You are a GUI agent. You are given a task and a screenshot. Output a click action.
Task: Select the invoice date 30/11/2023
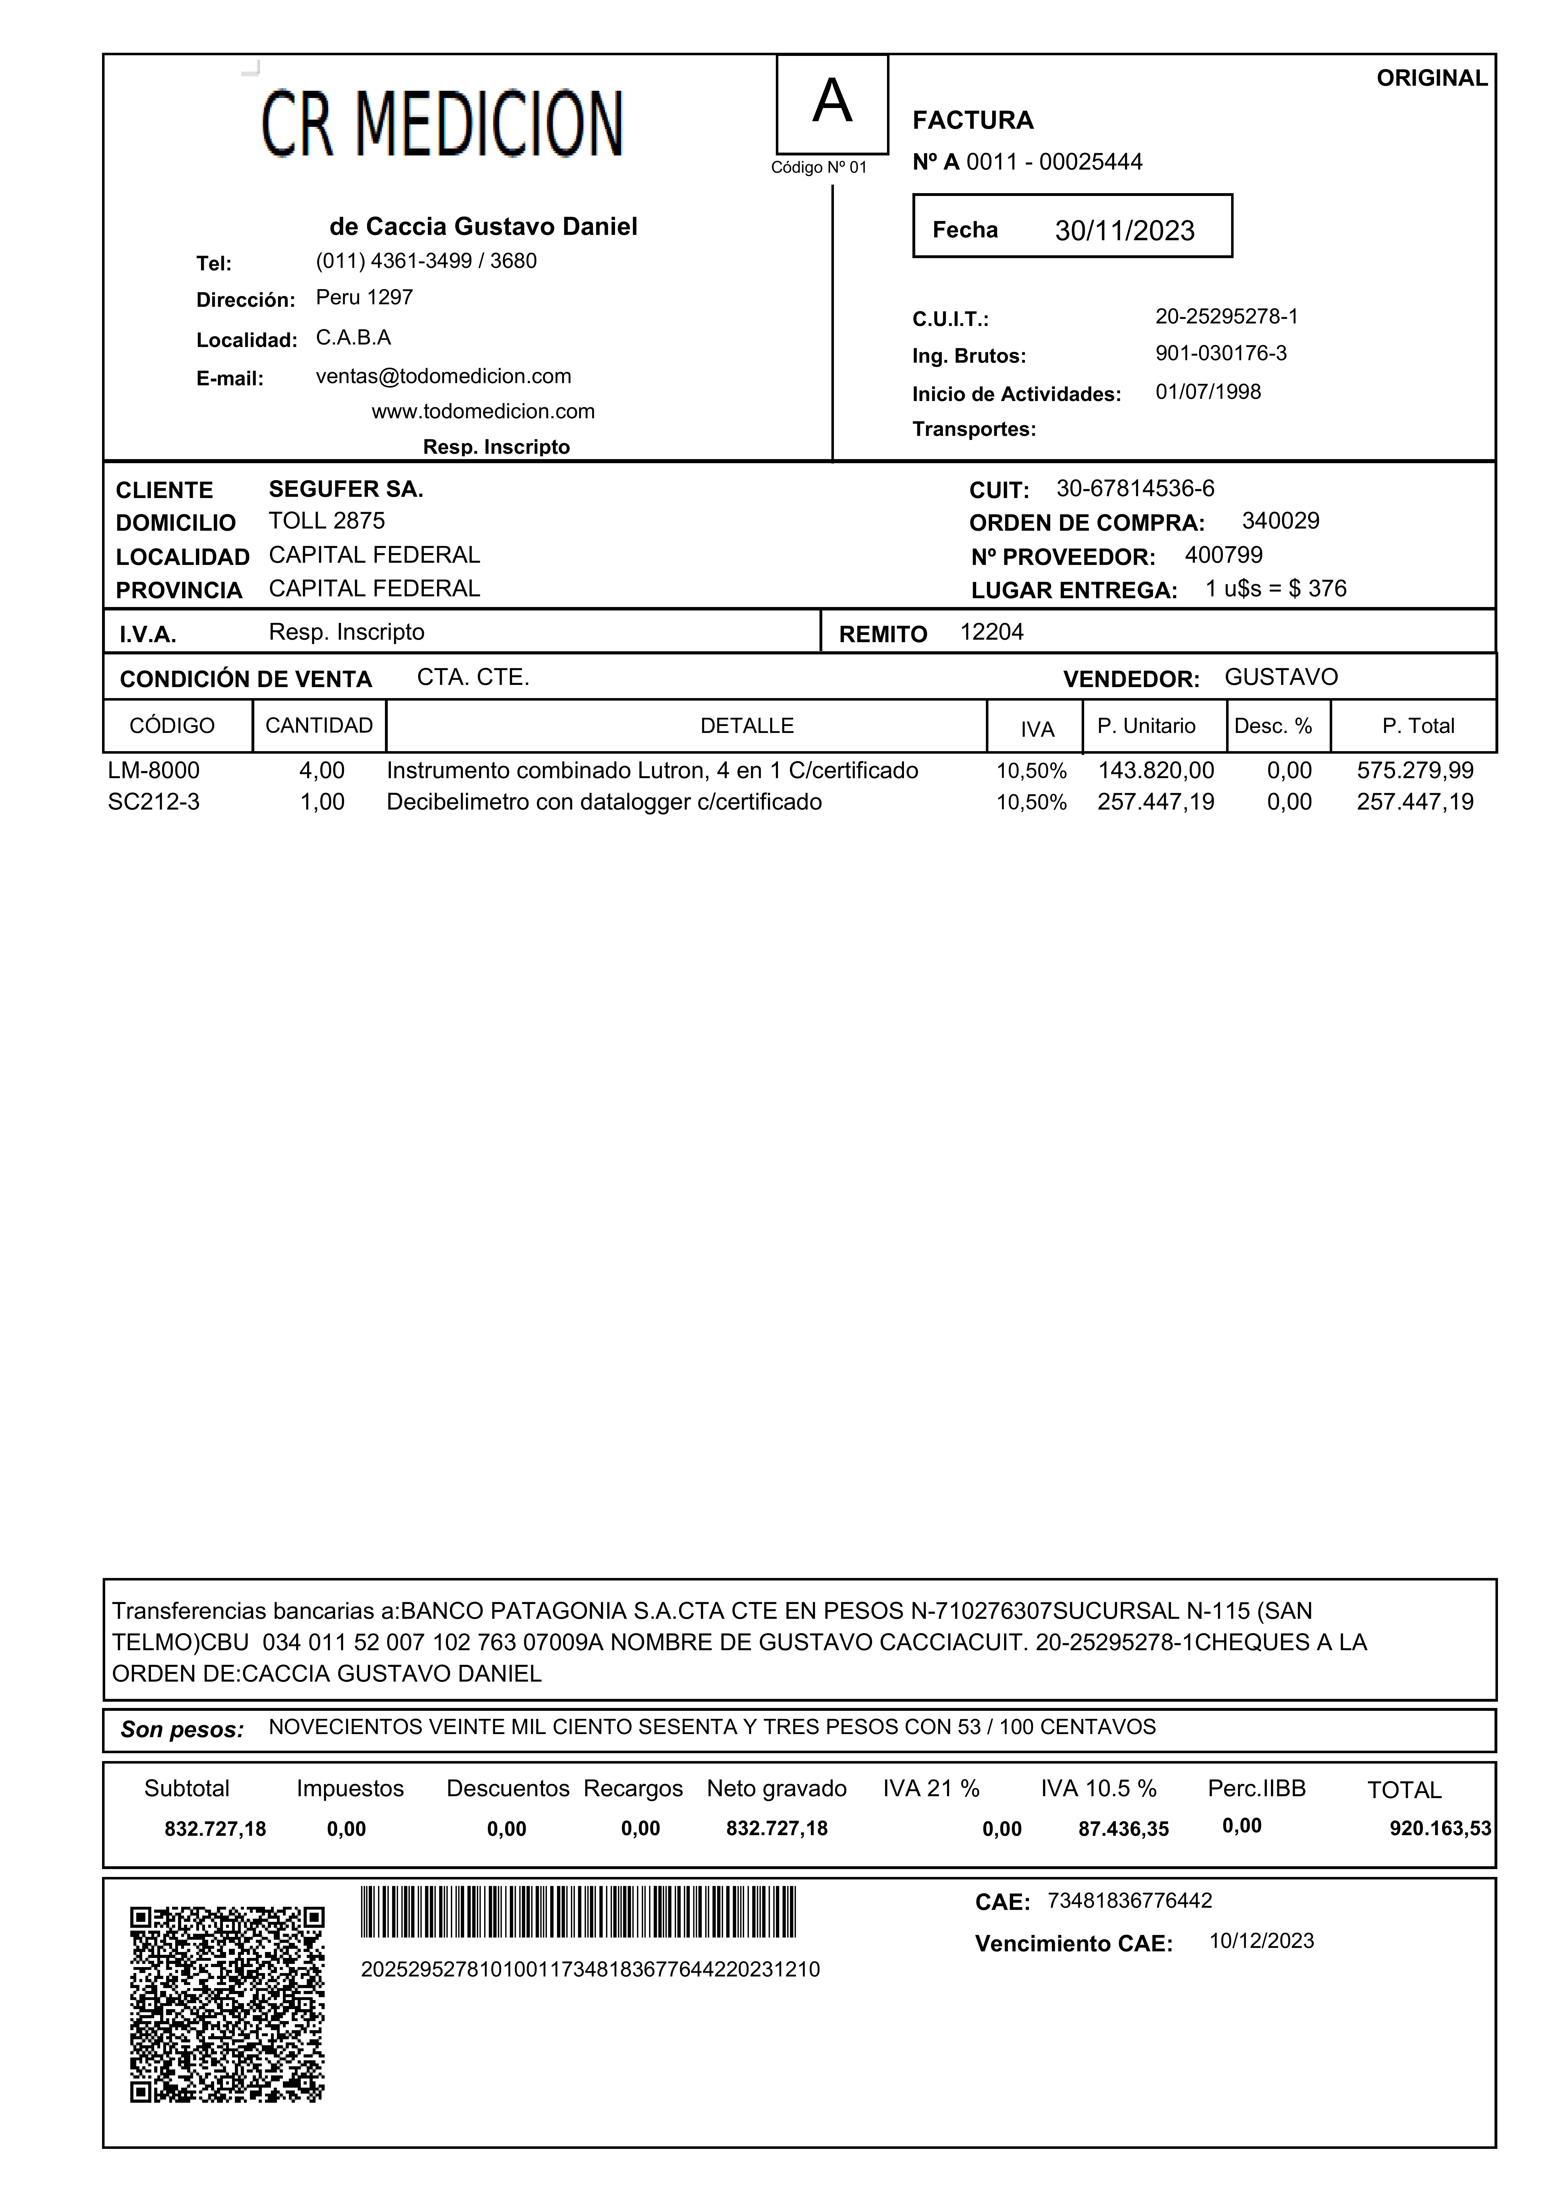(x=1125, y=231)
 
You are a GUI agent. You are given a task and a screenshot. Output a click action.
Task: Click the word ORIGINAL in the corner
(x=1431, y=79)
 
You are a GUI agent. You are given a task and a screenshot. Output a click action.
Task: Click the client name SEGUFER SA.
(x=345, y=490)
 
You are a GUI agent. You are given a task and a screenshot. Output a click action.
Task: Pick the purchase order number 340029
(x=1280, y=522)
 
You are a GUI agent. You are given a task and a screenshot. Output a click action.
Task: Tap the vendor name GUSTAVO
(x=1281, y=678)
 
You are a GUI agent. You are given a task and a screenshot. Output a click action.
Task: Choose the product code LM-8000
(x=154, y=771)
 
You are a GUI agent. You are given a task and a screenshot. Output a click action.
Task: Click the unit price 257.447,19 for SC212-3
(x=1155, y=802)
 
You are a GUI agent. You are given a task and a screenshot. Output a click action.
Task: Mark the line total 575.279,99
(x=1415, y=771)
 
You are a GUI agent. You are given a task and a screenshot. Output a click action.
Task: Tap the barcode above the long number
(x=578, y=1912)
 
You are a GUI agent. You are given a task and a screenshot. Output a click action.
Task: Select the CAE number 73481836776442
(x=1129, y=1901)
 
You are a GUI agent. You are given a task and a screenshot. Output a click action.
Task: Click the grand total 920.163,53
(x=1440, y=1829)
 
